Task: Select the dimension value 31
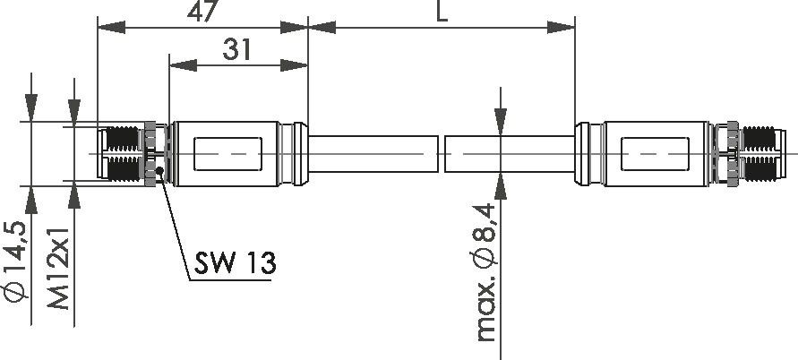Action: (x=236, y=50)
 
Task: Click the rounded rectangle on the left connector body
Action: (x=228, y=153)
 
